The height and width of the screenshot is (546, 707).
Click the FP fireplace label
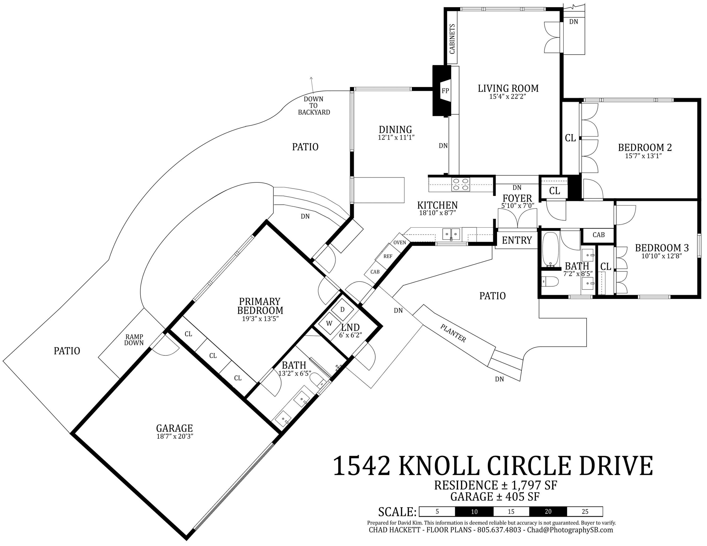click(445, 91)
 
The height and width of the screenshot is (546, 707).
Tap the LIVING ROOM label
click(508, 88)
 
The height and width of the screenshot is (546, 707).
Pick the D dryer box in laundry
click(342, 310)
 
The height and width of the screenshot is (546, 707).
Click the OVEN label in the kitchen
click(399, 242)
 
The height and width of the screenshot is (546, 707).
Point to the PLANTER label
click(453, 333)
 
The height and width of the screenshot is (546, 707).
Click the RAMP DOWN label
click(134, 340)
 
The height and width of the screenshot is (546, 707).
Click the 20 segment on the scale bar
click(548, 511)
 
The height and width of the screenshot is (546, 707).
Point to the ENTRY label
click(517, 240)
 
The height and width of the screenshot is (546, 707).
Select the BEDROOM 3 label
click(662, 248)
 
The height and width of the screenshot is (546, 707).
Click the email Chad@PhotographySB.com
click(570, 530)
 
